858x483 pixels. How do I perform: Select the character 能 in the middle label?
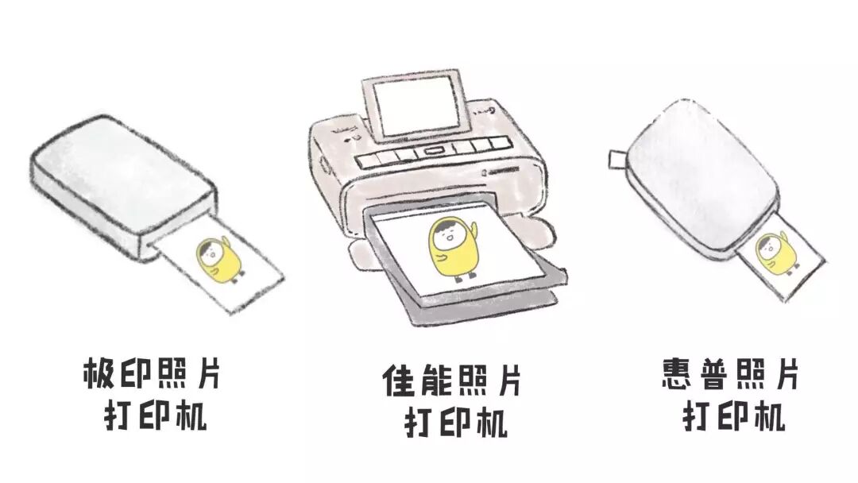(x=435, y=382)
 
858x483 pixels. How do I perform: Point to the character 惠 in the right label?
(x=678, y=373)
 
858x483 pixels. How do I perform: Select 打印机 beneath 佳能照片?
(x=455, y=423)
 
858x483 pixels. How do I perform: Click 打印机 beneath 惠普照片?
(x=735, y=415)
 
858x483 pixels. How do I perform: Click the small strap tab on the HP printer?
(x=616, y=159)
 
